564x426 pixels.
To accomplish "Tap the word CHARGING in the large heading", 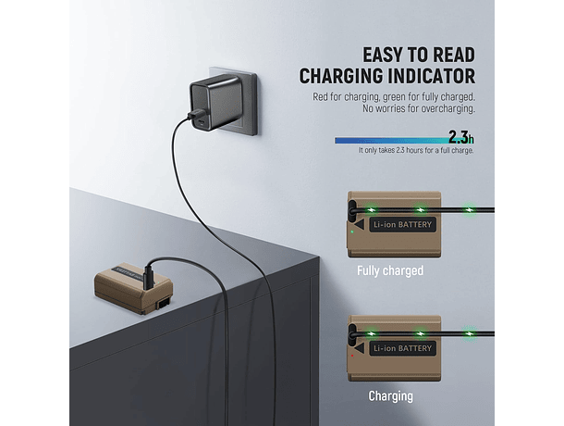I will point(337,77).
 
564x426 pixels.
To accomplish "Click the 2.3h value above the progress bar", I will point(460,137).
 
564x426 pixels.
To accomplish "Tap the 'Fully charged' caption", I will point(390,271).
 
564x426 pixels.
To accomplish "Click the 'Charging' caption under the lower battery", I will point(390,395).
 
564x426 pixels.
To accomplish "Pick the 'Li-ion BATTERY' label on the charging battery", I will point(401,349).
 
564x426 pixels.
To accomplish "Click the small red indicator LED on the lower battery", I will point(352,356).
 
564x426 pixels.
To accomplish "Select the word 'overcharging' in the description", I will point(448,110).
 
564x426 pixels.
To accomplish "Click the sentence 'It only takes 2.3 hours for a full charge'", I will point(416,150).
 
